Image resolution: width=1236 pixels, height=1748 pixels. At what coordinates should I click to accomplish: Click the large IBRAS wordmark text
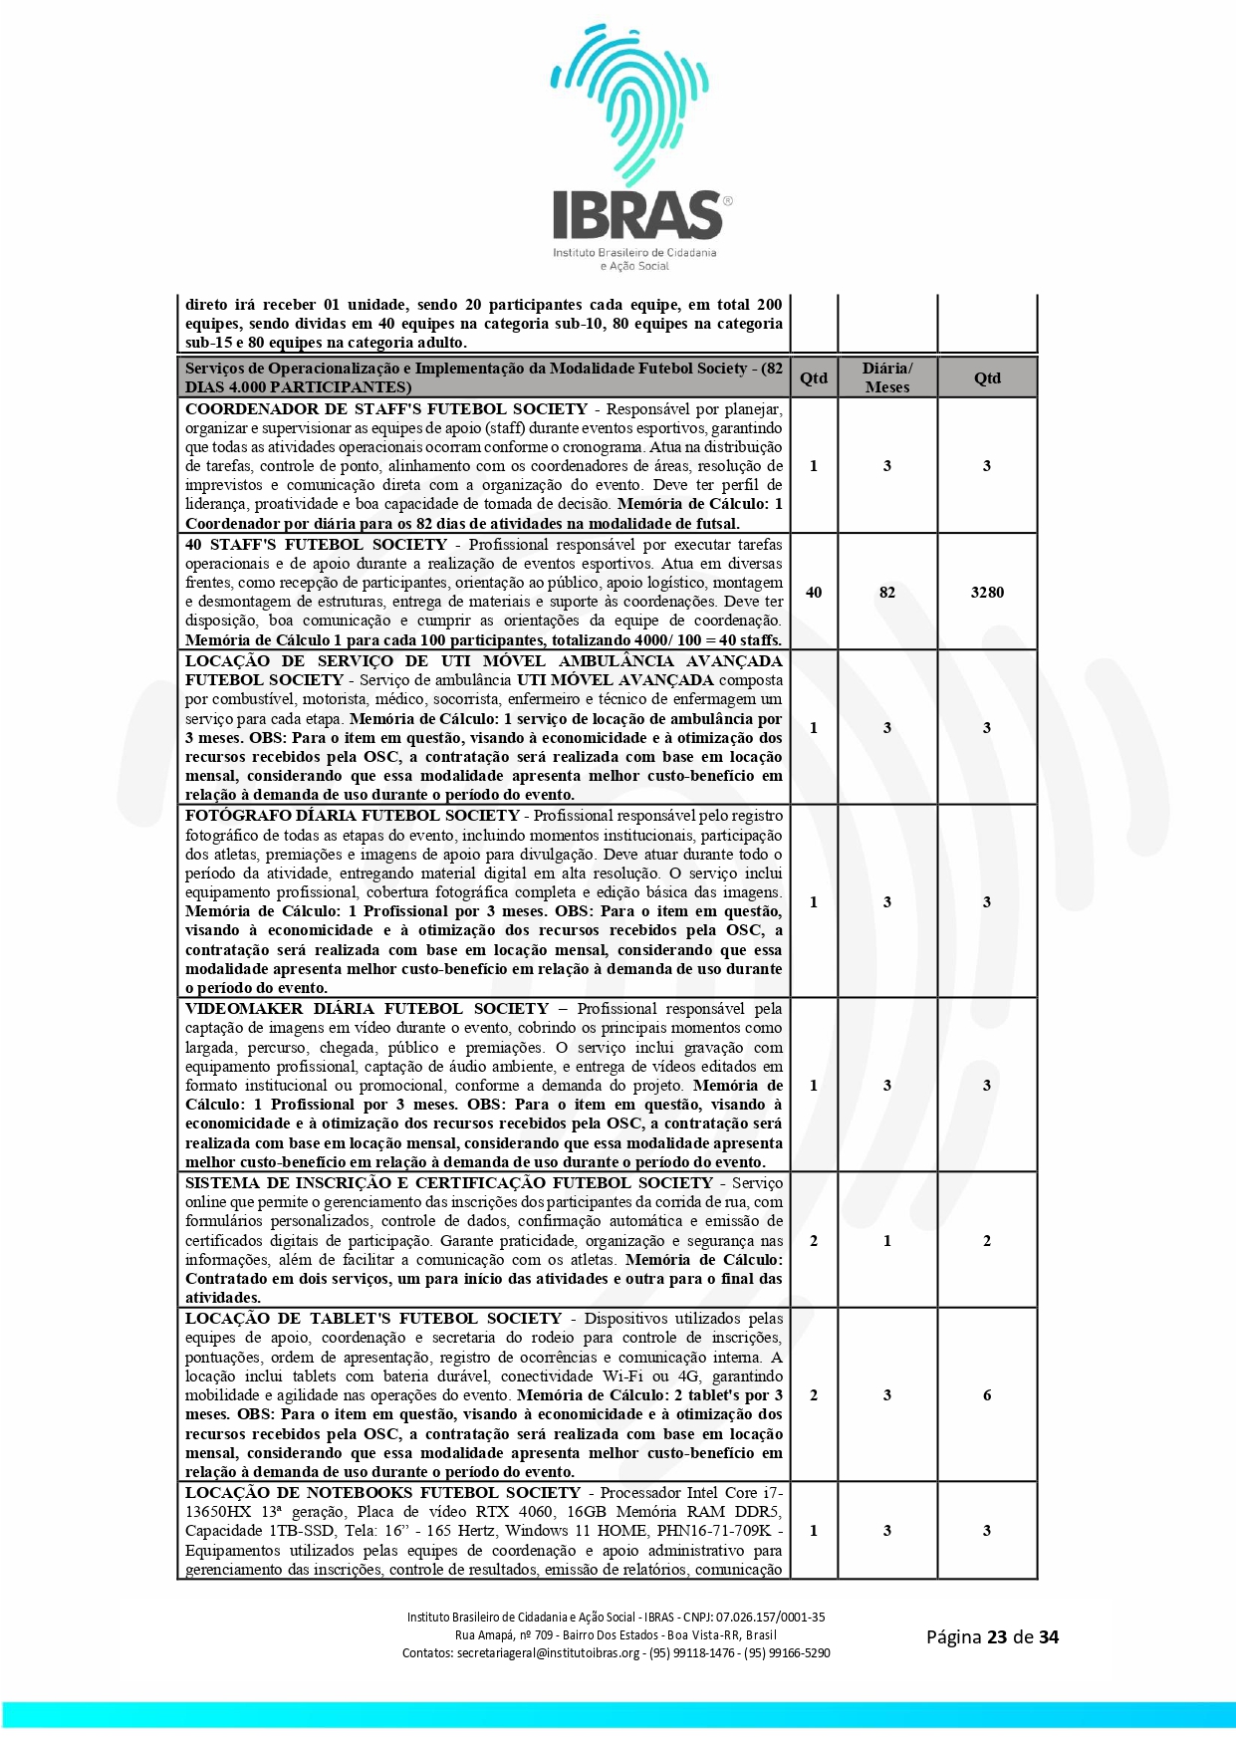[637, 215]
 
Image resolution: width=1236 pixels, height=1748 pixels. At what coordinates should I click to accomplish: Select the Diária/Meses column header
[886, 377]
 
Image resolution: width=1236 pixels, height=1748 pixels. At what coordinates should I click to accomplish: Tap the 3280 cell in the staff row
[987, 593]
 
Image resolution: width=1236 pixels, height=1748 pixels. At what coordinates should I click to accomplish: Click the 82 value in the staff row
[886, 593]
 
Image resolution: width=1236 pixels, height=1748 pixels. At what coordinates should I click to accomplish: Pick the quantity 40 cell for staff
[814, 593]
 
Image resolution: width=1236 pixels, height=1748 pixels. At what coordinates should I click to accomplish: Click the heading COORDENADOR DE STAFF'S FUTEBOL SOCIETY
[386, 409]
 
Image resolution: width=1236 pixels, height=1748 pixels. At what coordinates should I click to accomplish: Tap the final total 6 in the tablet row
[987, 1395]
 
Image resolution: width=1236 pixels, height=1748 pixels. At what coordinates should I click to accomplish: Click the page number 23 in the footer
[997, 1636]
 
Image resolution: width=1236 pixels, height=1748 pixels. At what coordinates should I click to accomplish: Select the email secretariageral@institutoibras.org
[548, 1652]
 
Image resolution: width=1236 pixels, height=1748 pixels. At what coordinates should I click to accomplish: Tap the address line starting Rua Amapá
[616, 1634]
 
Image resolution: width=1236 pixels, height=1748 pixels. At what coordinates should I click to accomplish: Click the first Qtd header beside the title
[814, 377]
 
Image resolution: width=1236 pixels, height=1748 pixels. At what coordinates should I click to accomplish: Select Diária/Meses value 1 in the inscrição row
[886, 1241]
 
